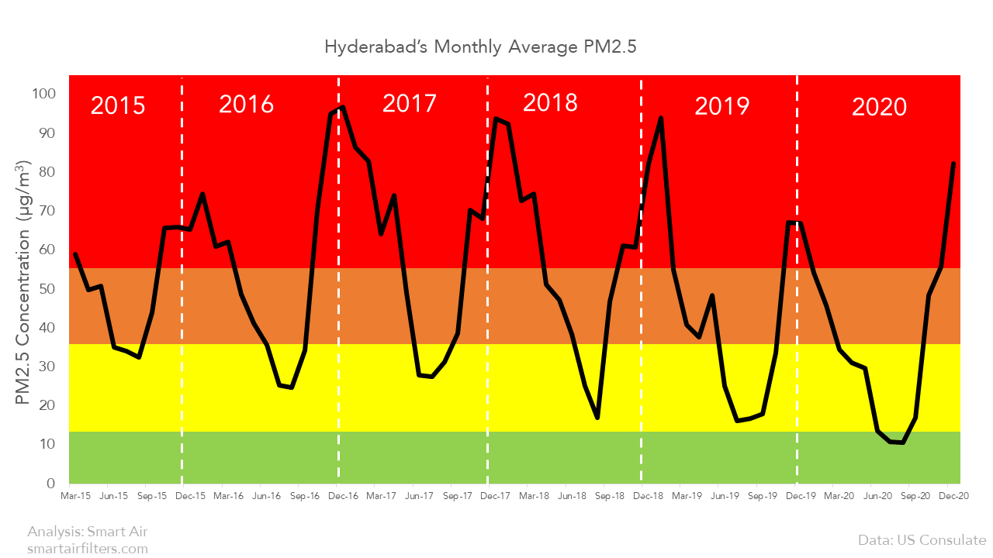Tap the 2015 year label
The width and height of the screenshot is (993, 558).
[118, 105]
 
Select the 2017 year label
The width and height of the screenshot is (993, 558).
[410, 104]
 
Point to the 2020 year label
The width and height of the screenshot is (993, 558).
[879, 107]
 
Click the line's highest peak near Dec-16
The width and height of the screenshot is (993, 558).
[343, 108]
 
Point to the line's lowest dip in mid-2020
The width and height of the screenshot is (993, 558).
[902, 443]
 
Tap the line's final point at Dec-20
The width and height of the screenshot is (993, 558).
[953, 164]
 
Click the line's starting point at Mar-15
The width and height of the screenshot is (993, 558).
[75, 254]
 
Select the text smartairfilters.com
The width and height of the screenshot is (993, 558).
[87, 549]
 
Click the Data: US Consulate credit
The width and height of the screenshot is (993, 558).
[922, 540]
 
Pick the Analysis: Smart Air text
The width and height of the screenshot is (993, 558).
[87, 532]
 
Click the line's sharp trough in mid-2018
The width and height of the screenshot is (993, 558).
[597, 418]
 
